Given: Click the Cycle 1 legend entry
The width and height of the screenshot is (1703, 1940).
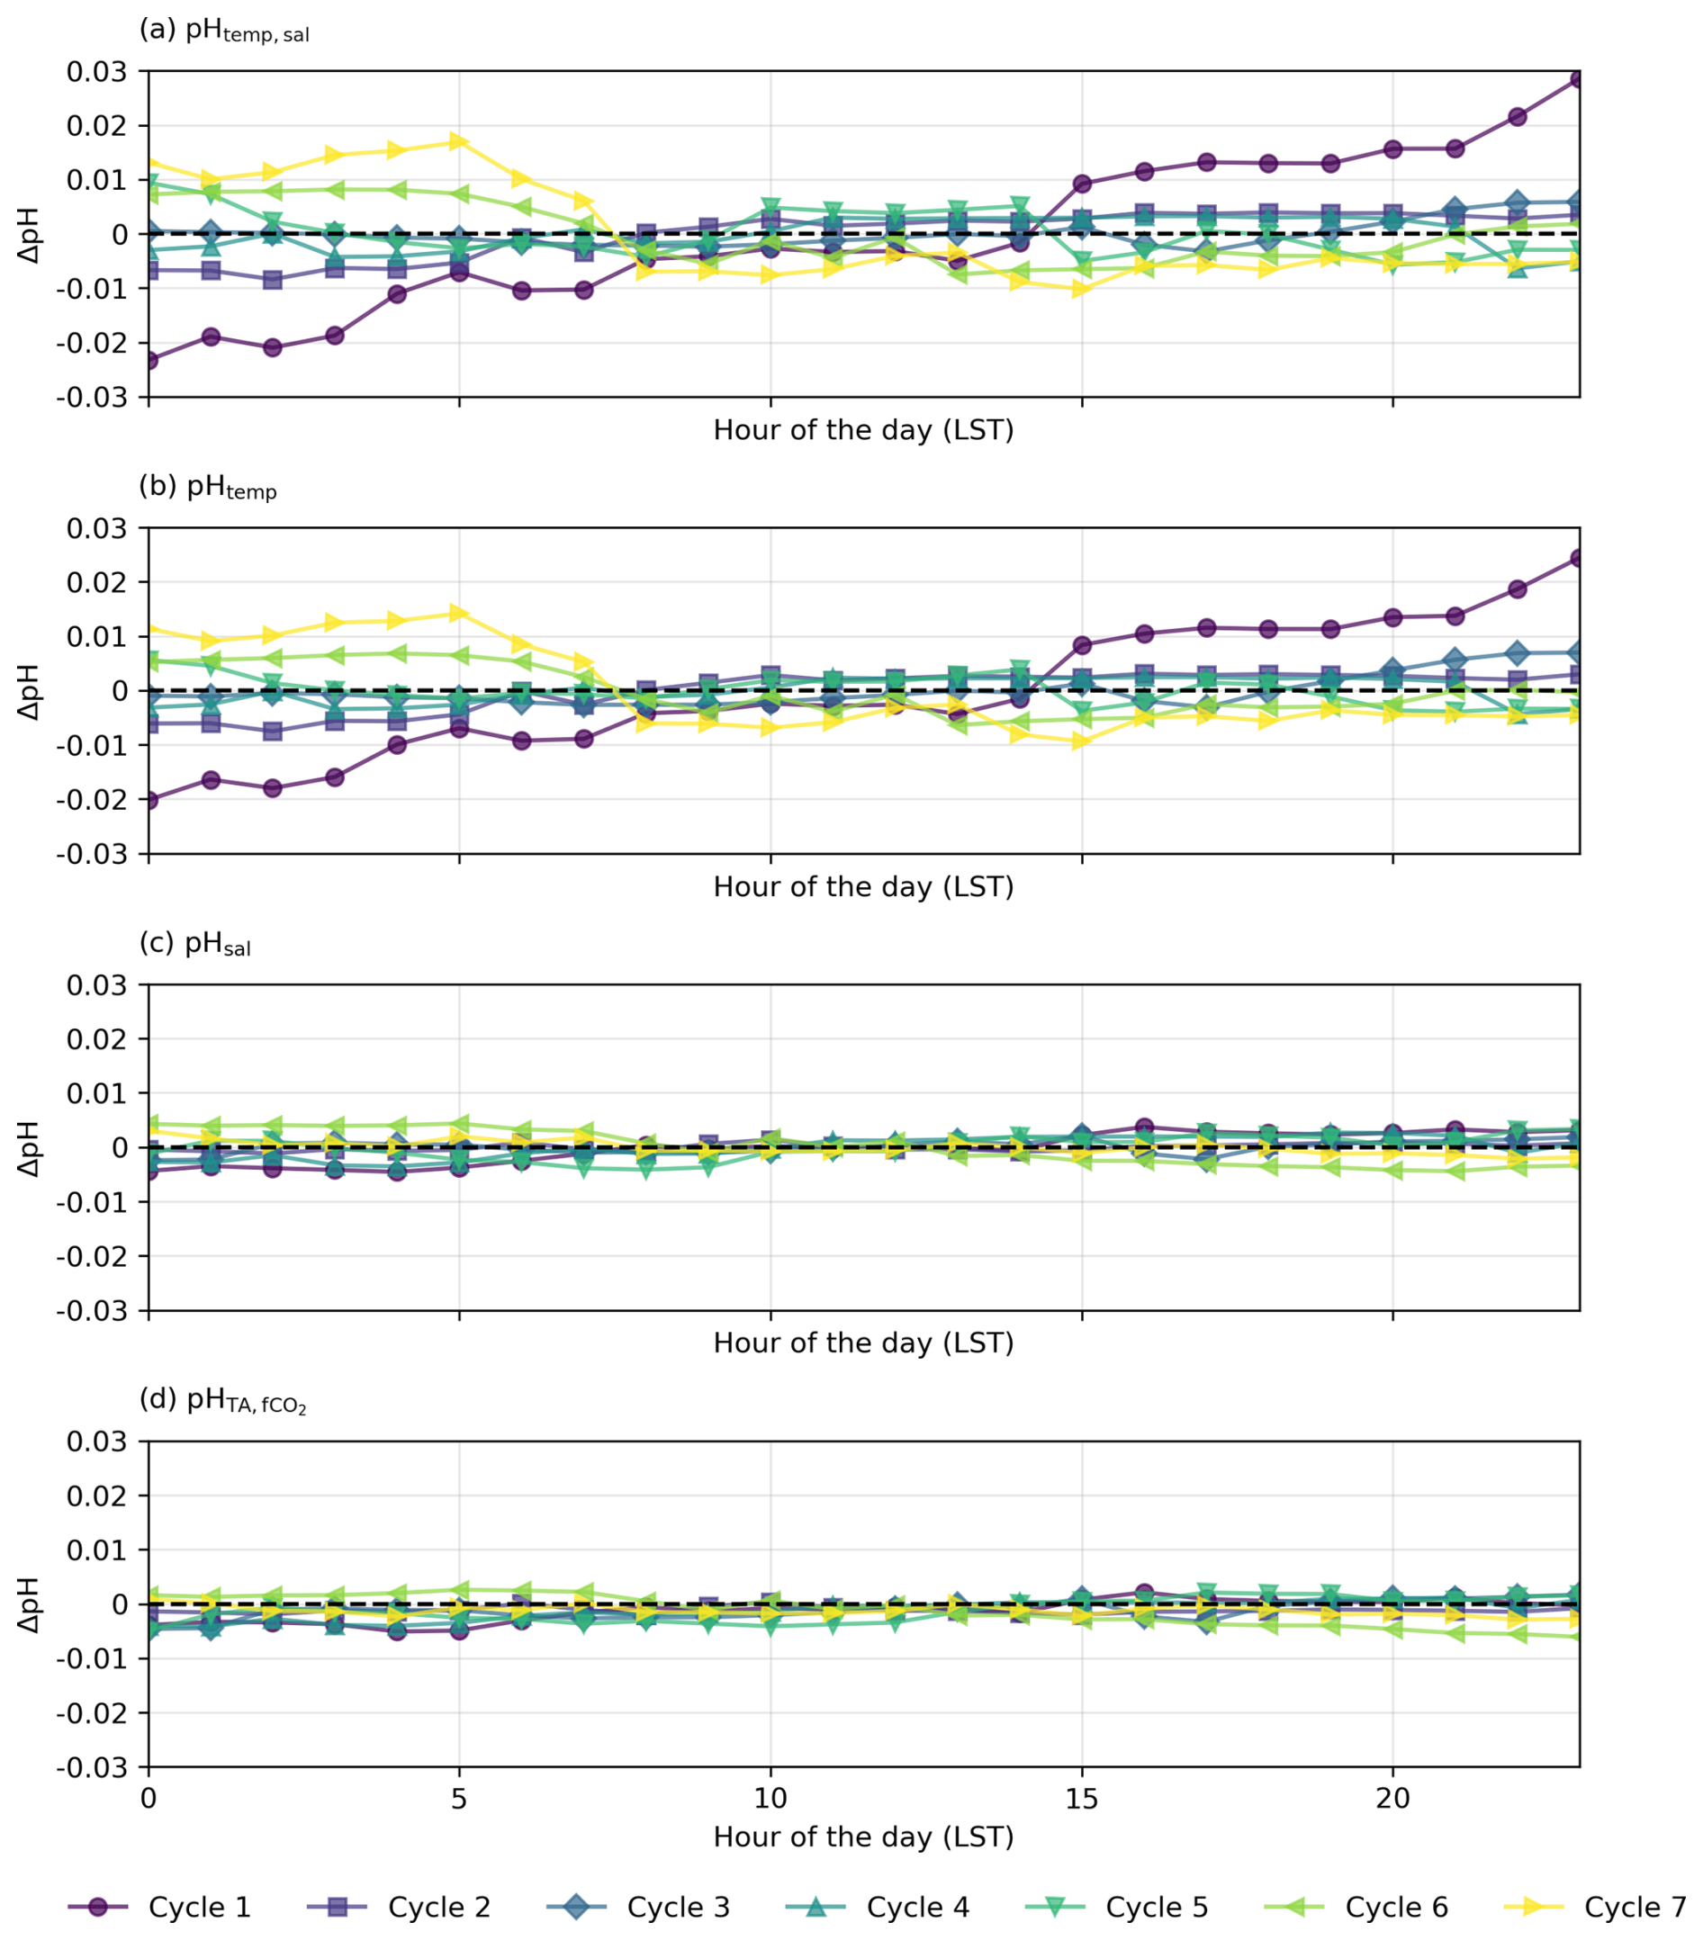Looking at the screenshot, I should coord(158,1907).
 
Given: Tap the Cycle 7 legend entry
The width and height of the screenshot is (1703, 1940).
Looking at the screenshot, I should coord(1595,1907).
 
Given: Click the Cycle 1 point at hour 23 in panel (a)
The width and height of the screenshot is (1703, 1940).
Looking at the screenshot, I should coord(1579,80).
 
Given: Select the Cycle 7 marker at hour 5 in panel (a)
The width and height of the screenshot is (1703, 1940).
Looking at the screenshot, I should coord(459,141).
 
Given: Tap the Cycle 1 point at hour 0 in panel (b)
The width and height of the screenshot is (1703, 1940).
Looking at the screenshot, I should coord(149,800).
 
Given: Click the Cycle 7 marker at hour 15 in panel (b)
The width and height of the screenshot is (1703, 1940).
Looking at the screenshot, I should coord(1081,741).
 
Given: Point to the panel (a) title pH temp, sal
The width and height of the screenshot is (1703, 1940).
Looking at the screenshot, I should coord(224,31).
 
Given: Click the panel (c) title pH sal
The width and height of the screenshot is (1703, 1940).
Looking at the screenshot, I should coord(195,945).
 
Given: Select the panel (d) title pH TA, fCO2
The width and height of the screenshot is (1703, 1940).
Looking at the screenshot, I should coord(223,1401).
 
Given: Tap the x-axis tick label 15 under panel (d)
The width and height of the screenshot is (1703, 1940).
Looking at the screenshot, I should coord(1081,1798).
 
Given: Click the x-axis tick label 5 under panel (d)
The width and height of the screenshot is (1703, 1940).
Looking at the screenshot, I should coord(459,1798).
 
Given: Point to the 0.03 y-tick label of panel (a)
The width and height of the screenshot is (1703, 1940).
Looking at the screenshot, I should coord(96,71).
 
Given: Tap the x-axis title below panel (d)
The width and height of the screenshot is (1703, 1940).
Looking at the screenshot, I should coord(863,1837).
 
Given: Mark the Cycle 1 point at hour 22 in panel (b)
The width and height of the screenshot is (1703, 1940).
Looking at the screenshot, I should coord(1517,589).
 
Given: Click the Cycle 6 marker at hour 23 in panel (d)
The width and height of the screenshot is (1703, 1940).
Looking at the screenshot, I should coord(1579,1635).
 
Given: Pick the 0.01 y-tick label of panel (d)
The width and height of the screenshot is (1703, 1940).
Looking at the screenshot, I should coord(96,1549).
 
